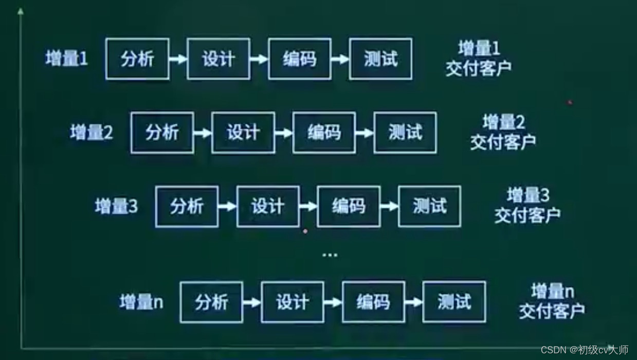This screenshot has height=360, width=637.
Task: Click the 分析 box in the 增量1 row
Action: click(x=137, y=59)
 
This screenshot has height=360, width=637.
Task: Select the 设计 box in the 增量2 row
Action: click(x=243, y=133)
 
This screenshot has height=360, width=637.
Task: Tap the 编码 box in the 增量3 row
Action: click(x=349, y=207)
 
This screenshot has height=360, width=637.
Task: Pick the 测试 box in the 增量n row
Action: click(x=454, y=302)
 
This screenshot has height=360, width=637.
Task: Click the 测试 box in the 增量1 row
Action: click(x=380, y=59)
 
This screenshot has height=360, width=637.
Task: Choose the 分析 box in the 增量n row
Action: click(x=211, y=302)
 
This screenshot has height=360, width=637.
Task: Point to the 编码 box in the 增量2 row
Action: click(x=324, y=133)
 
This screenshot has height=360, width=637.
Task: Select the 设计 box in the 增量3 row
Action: click(x=268, y=207)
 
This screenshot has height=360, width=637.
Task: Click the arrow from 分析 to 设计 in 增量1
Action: click(x=178, y=59)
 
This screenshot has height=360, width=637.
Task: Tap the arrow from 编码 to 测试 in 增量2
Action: click(x=365, y=133)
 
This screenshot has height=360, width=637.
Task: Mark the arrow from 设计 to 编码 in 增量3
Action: click(x=308, y=207)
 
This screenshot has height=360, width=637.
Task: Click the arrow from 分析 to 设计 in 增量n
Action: click(x=252, y=302)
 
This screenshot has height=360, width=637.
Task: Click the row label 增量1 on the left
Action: click(x=66, y=59)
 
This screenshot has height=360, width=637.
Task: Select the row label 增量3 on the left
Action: click(x=116, y=207)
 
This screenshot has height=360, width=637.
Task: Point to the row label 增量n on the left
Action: click(x=141, y=302)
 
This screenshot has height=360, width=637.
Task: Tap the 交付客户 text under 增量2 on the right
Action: click(x=502, y=142)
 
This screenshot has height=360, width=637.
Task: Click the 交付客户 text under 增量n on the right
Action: click(x=551, y=311)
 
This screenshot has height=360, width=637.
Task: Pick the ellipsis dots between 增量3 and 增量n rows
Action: click(x=330, y=255)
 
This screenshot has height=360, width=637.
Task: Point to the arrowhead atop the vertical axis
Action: click(x=21, y=11)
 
